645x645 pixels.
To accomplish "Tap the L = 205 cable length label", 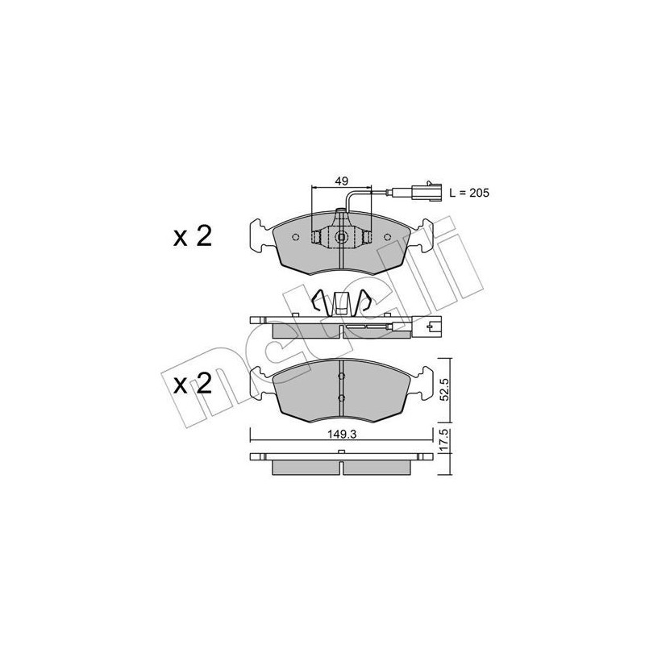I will click(x=468, y=193).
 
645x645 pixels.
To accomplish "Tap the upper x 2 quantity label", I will click(x=192, y=236).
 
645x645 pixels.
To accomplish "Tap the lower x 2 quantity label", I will click(x=192, y=383).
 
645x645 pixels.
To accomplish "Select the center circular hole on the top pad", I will click(x=342, y=237).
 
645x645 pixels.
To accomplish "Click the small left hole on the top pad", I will click(x=296, y=237).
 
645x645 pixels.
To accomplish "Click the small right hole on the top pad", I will click(x=388, y=237).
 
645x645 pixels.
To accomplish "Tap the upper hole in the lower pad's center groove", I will click(x=342, y=375).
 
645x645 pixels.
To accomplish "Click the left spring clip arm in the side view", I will click(x=319, y=301).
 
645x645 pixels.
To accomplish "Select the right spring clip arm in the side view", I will click(x=365, y=301).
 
